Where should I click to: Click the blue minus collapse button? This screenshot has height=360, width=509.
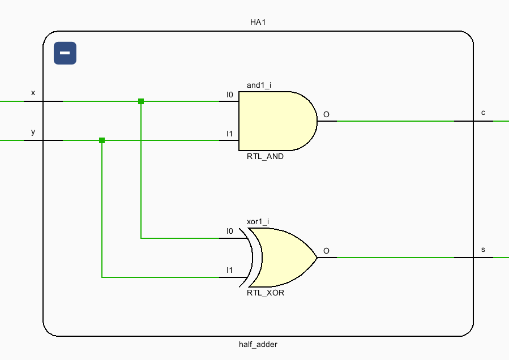65,53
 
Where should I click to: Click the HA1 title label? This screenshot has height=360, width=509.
258,23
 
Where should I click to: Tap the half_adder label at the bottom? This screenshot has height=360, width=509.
258,344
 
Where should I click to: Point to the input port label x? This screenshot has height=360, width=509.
33,92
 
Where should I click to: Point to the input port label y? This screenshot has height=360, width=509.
33,131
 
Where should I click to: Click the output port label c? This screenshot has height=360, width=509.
483,113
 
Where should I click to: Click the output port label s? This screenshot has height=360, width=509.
483,249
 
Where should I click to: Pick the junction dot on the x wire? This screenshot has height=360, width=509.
141,101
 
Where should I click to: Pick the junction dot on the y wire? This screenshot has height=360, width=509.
102,140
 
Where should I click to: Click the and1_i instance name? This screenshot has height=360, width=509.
259,85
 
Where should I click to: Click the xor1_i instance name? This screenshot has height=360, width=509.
258,221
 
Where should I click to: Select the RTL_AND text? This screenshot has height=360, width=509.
265,157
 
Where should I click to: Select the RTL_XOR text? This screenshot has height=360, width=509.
265,293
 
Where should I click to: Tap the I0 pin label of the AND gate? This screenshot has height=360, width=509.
229,95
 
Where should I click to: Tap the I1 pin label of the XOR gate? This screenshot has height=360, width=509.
229,270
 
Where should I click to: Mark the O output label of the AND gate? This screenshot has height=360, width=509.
326,114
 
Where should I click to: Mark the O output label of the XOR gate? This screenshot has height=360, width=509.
326,251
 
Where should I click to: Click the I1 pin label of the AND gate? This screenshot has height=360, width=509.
229,134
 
